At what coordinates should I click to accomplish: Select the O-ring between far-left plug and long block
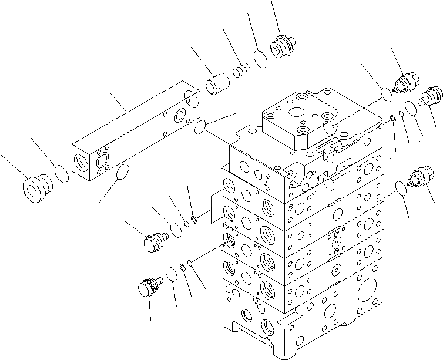(61, 173)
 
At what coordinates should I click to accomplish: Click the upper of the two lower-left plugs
(155, 241)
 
